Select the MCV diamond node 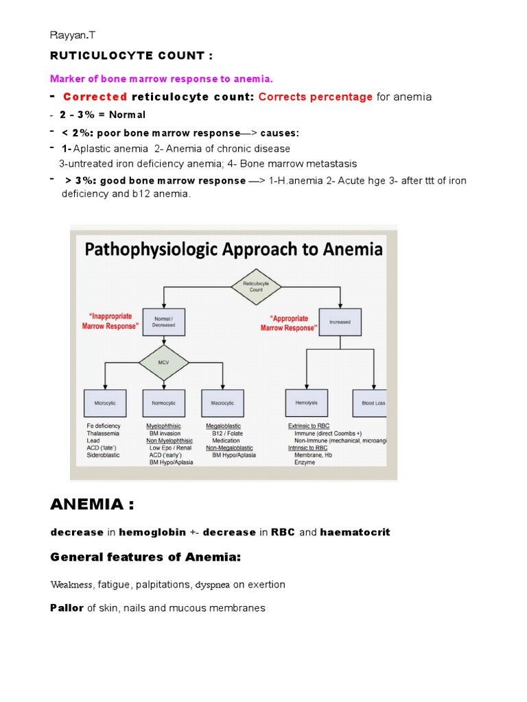click(x=163, y=361)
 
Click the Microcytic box click(x=105, y=403)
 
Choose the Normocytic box click(x=163, y=403)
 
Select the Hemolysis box click(x=306, y=403)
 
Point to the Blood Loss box click(x=373, y=403)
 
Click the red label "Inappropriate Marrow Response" click(x=110, y=321)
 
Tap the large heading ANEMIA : click(x=92, y=505)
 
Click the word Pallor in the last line click(x=67, y=608)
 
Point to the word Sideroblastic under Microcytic click(x=103, y=455)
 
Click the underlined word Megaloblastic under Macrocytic click(x=223, y=426)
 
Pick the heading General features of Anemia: click(x=145, y=558)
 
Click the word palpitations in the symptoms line click(x=163, y=585)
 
